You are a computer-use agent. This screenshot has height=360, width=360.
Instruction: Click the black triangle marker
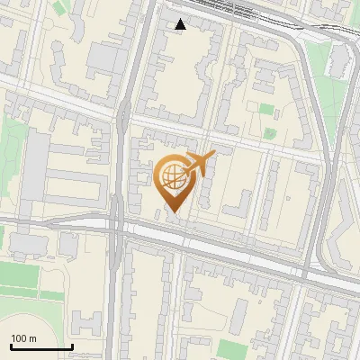[x=181, y=24]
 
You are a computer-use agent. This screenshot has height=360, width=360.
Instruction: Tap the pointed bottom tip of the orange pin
[x=174, y=212]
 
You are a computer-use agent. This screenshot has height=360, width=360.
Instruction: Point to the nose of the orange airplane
[x=212, y=155]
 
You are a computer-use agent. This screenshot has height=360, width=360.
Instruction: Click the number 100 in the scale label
[x=19, y=338]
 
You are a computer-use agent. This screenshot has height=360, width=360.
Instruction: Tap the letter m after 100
[x=32, y=338]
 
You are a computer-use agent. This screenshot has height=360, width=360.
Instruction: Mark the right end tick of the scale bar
[x=72, y=346]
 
